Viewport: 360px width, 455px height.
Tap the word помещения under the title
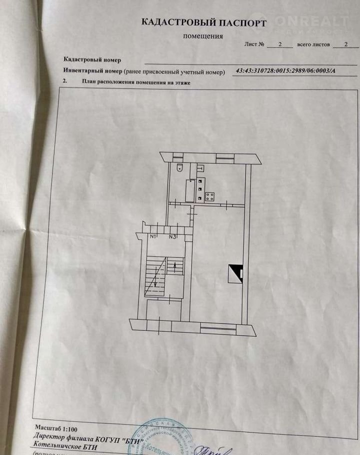click(203, 36)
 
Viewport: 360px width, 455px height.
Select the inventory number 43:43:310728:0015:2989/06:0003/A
click(285, 71)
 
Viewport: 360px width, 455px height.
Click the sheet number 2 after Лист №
click(279, 44)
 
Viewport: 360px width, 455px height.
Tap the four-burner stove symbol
click(209, 196)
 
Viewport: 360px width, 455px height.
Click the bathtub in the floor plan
click(190, 191)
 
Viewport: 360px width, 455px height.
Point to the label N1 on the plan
click(153, 236)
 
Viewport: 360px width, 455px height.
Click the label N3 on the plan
click(172, 236)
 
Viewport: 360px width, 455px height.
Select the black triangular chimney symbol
click(234, 273)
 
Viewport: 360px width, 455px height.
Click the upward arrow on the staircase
click(174, 266)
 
